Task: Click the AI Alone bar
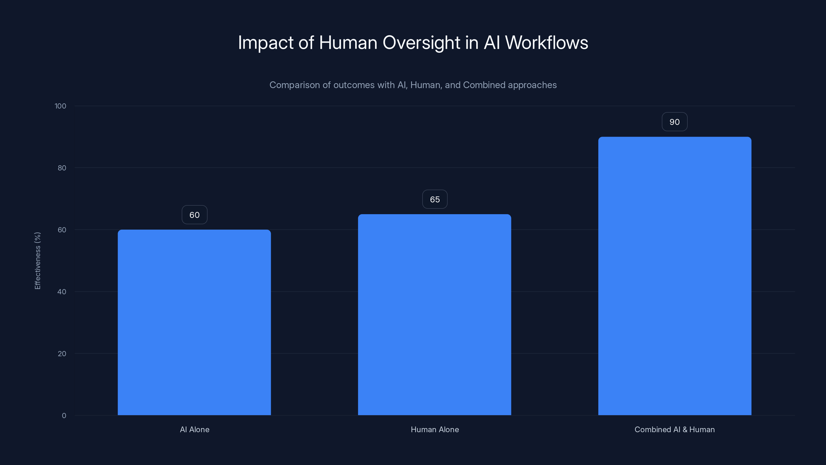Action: pos(194,322)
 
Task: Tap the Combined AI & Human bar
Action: pos(675,276)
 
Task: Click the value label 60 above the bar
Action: pos(194,215)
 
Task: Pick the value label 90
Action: pos(675,122)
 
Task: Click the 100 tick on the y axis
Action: pos(60,106)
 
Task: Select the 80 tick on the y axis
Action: pos(62,168)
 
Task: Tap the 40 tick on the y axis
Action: pos(62,292)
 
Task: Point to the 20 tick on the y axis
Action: pos(62,354)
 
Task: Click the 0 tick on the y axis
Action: pos(64,416)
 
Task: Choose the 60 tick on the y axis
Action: pos(62,230)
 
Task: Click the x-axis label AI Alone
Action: pos(195,429)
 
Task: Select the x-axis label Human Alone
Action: pos(435,429)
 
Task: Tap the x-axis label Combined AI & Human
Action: pos(675,429)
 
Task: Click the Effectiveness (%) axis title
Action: pos(37,261)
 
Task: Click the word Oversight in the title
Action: pos(421,43)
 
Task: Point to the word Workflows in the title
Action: pos(546,43)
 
